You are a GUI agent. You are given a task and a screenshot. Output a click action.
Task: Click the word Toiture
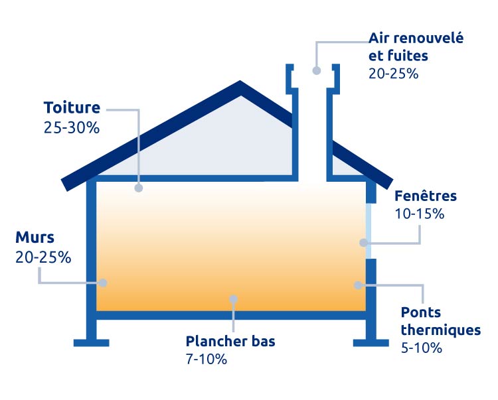72,107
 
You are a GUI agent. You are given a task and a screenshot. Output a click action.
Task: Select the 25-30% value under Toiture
72,128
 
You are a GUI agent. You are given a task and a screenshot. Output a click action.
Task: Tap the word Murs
35,237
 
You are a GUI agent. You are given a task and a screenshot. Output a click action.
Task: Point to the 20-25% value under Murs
43,257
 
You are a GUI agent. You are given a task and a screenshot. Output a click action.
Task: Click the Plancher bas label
230,342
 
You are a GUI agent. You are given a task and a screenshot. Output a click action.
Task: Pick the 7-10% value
207,360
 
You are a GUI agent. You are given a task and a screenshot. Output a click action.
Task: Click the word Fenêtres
426,196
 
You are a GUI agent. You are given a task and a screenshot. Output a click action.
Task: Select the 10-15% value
419,214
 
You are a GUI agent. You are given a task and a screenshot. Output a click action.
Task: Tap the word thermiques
440,330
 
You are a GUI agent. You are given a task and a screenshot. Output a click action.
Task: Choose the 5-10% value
422,348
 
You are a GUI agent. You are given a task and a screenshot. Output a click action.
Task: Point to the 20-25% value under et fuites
393,74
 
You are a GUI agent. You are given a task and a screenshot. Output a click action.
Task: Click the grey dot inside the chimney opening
316,71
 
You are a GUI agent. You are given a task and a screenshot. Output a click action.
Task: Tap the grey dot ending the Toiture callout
139,188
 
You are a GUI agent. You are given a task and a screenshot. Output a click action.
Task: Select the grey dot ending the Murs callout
103,283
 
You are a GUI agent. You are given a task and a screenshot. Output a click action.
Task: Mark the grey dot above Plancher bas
234,299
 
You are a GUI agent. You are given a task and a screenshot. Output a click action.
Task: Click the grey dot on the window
364,243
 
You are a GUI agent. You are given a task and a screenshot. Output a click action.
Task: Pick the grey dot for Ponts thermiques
359,285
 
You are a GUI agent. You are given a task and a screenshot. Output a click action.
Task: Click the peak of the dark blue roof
240,82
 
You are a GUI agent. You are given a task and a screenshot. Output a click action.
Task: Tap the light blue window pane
369,231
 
